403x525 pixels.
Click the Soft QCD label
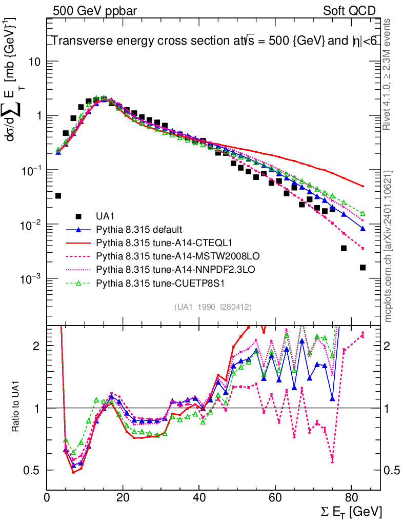(x=349, y=11)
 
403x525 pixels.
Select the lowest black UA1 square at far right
(x=362, y=267)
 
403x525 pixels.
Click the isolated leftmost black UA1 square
(x=58, y=196)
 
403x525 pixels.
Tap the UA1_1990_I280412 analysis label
(x=213, y=307)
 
